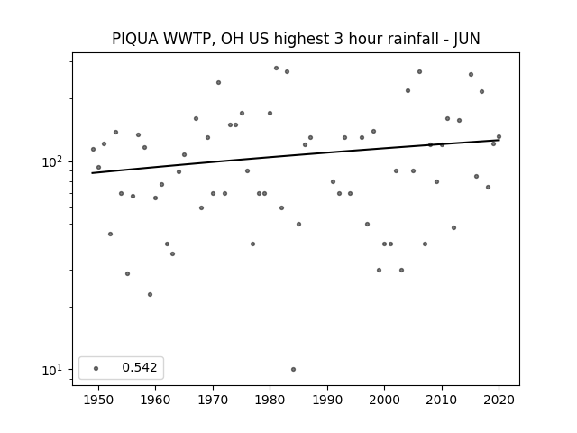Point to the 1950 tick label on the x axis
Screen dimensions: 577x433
(98, 401)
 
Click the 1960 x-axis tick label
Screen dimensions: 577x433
(155, 401)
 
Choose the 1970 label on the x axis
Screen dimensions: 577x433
(213, 401)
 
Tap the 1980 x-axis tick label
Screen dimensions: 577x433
(270, 401)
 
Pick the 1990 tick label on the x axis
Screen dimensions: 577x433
(327, 401)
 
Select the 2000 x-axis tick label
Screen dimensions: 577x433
(384, 401)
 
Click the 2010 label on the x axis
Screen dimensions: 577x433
(442, 401)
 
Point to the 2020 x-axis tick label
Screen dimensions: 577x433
(499, 401)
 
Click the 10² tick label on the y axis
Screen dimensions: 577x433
(55, 161)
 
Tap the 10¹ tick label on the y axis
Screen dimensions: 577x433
(55, 369)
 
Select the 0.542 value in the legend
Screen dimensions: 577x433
(140, 367)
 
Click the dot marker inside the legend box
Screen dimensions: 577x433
(96, 368)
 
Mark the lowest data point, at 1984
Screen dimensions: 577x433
(293, 369)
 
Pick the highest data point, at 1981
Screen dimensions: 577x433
(277, 69)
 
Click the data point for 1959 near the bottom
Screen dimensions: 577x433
(151, 295)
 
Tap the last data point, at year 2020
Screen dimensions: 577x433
(499, 137)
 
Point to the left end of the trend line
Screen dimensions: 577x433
(92, 173)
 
